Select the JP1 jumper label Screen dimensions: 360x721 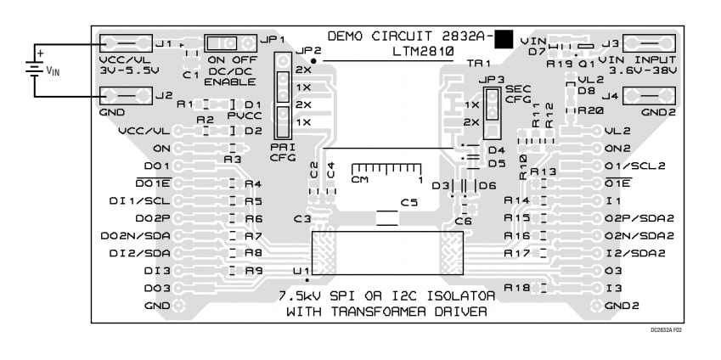273,39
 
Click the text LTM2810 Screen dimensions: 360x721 423,51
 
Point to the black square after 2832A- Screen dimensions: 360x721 504,38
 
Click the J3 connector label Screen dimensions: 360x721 609,42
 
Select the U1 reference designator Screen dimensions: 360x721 300,270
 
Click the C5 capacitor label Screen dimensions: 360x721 410,203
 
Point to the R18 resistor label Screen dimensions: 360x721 517,288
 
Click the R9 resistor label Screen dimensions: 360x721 253,270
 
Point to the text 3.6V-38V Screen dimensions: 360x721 651,71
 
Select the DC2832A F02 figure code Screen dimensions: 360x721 666,329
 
